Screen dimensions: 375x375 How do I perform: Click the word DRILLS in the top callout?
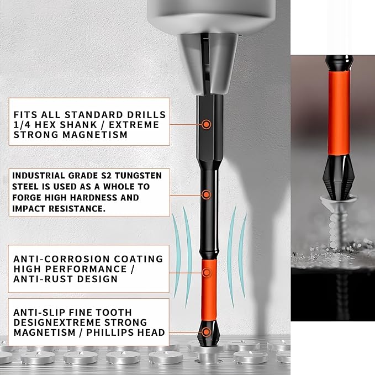tap(146, 115)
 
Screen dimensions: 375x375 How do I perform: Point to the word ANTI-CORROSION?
tap(61, 259)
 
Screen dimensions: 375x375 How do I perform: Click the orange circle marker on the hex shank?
tap(206, 124)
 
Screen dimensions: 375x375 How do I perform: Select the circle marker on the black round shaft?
tap(206, 194)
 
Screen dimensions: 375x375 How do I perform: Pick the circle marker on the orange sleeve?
tap(206, 272)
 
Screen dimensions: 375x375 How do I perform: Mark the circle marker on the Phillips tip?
tap(206, 332)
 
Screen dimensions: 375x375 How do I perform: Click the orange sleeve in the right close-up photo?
tap(339, 113)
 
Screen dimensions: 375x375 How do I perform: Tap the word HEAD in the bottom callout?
tap(151, 332)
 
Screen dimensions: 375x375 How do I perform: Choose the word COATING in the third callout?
tap(138, 259)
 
